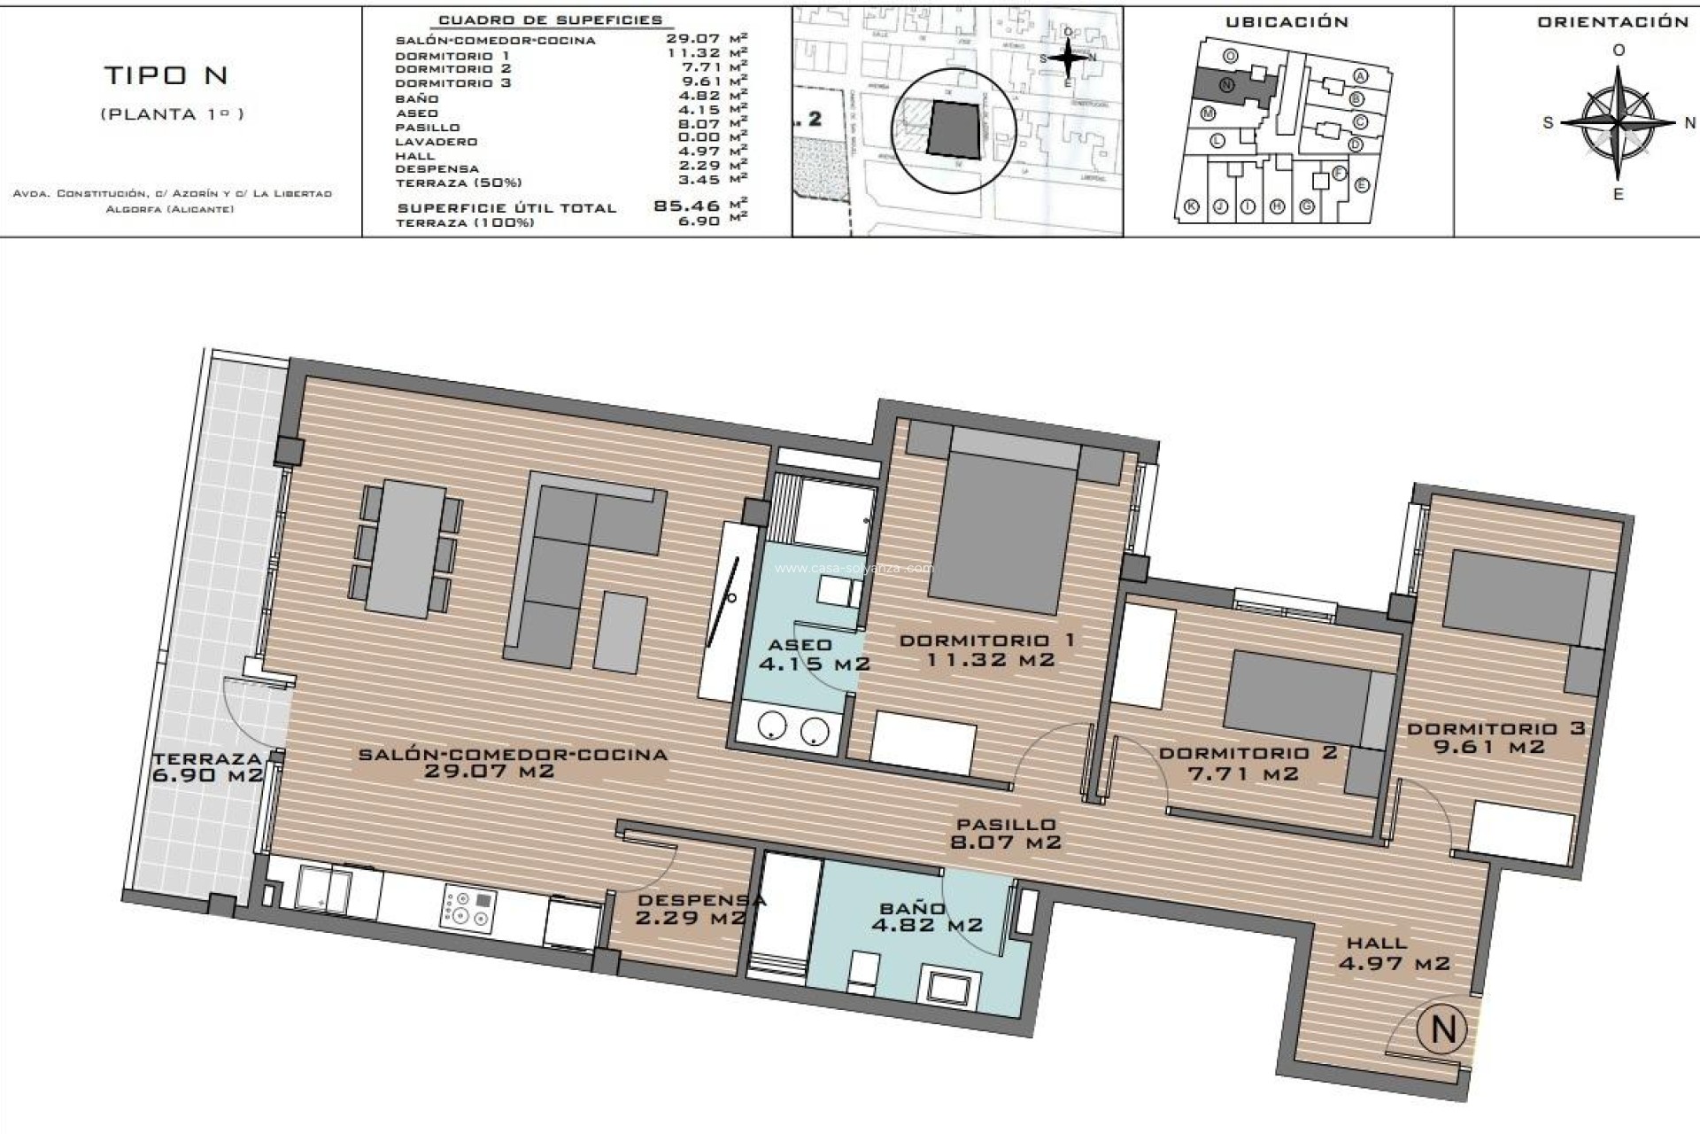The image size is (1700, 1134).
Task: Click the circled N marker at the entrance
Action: (1442, 1029)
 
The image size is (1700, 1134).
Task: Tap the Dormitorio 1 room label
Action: (988, 649)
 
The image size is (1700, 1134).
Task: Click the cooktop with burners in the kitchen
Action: (468, 908)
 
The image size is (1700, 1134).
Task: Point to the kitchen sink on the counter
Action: (323, 888)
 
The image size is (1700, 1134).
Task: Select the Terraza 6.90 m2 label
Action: (208, 766)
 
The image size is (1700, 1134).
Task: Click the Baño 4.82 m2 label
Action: (926, 917)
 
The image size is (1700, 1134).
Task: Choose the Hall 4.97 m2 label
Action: (1393, 953)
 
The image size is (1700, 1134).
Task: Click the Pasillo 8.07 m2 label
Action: (1005, 834)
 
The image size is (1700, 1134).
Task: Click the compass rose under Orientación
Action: (1618, 122)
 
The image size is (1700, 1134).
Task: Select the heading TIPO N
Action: (167, 76)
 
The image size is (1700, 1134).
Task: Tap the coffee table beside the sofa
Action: (621, 633)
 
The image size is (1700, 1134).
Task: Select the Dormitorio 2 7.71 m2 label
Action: (1247, 763)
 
